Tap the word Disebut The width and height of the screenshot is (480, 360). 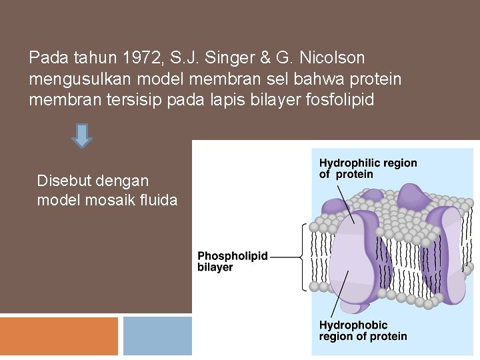(x=65, y=181)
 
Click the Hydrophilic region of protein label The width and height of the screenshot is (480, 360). (x=367, y=169)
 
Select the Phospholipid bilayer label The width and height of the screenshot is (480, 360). (x=233, y=261)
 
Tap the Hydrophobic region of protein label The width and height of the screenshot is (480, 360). (x=362, y=331)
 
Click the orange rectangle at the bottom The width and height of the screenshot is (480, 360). (x=59, y=336)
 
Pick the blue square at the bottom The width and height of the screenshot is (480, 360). (x=157, y=336)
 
